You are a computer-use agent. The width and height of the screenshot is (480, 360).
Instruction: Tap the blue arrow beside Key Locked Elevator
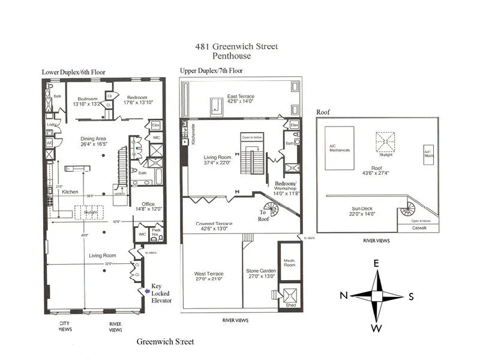tap(142, 291)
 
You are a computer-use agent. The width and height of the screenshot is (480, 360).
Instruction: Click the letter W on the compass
tap(377, 328)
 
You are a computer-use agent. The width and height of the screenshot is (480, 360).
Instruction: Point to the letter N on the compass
tap(344, 295)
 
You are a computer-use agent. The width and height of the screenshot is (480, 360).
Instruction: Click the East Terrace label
tap(241, 96)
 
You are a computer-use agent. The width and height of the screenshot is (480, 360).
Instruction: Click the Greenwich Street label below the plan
tap(165, 341)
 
